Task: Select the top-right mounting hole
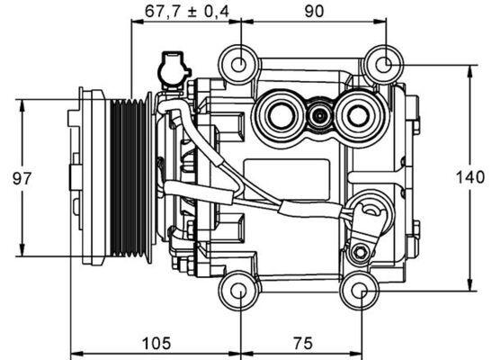(x=382, y=64)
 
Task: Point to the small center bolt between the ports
(x=318, y=115)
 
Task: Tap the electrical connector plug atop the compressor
(x=172, y=67)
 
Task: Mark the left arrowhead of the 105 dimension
(x=75, y=351)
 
